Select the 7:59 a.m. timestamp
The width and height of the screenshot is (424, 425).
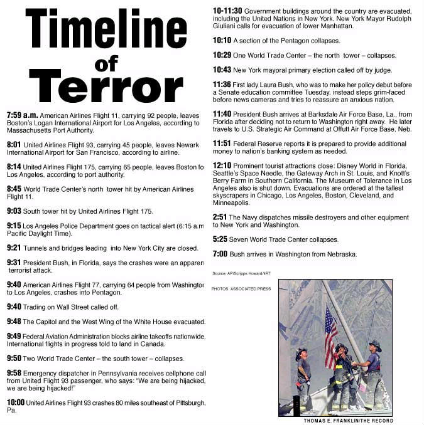click(x=23, y=116)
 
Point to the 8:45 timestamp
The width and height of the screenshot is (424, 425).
click(x=14, y=189)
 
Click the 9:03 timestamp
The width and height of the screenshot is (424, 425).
click(x=14, y=211)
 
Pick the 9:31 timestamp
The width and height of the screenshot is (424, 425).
click(x=14, y=263)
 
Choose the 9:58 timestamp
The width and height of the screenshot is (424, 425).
click(x=14, y=373)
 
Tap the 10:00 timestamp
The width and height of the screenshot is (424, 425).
click(x=16, y=402)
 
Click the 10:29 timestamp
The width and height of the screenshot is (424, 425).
click(x=223, y=55)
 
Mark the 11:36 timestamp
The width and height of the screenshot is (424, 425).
click(x=223, y=85)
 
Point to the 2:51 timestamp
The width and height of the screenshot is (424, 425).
click(x=220, y=217)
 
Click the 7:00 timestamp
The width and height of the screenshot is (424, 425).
click(x=220, y=254)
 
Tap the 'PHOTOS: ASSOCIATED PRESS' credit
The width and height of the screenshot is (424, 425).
click(x=241, y=289)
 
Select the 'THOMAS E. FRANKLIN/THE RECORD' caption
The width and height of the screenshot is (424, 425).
click(x=348, y=421)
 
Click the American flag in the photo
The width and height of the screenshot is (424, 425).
click(x=330, y=328)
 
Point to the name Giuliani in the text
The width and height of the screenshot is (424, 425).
click(x=226, y=26)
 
